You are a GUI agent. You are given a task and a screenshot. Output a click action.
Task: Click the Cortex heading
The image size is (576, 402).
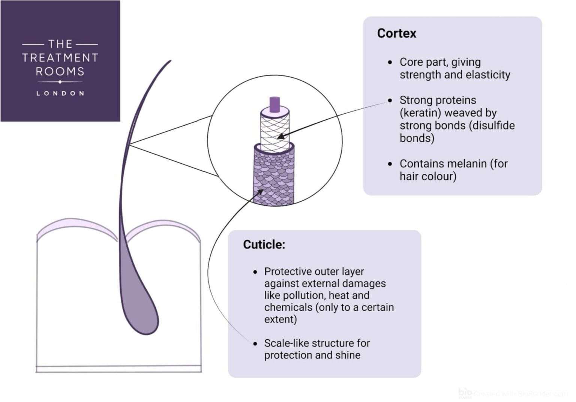(x=396, y=33)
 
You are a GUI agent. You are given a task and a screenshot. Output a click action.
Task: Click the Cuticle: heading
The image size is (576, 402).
(x=264, y=245)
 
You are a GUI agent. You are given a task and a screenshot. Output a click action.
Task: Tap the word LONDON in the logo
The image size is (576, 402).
(x=60, y=93)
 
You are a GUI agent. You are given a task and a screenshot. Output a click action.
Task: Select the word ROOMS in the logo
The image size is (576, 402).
(x=60, y=71)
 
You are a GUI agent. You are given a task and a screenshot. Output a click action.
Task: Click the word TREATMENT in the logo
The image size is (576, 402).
(x=60, y=58)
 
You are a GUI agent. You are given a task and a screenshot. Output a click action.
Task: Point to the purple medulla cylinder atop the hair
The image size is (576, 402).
(x=275, y=104)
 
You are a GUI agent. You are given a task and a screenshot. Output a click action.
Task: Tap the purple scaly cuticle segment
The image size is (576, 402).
(x=274, y=176)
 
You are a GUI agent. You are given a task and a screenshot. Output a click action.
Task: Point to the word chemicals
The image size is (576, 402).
(x=288, y=307)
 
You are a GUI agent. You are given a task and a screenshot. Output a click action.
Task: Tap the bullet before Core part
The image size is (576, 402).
(x=390, y=62)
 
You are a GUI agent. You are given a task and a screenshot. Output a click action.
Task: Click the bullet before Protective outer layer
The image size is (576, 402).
(x=255, y=272)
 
